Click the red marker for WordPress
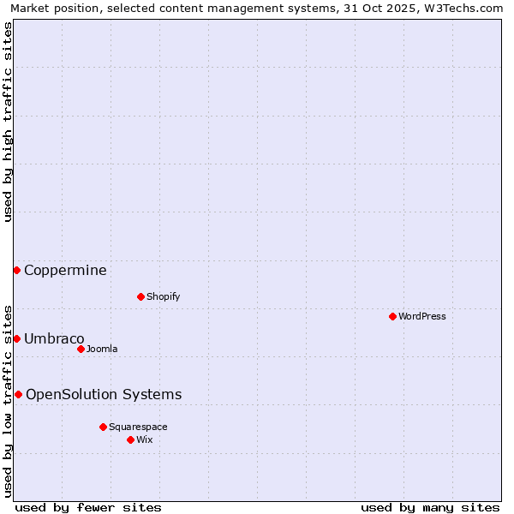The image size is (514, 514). (392, 316)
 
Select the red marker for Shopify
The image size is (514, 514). (140, 296)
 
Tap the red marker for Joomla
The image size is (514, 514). (81, 349)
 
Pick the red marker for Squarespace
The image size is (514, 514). (103, 427)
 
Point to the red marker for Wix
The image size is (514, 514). (130, 439)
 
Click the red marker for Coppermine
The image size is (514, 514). (16, 270)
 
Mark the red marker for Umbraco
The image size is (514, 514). (16, 338)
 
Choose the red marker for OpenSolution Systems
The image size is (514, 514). (18, 394)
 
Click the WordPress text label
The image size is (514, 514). (422, 316)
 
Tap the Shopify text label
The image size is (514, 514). (163, 296)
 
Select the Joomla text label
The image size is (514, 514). (102, 349)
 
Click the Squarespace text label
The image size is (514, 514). (138, 427)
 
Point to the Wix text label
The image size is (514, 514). (144, 439)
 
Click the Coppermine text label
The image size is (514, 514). (65, 271)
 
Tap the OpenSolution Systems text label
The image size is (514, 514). (104, 395)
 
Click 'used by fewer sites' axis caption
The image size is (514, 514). (88, 507)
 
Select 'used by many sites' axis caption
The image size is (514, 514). (430, 507)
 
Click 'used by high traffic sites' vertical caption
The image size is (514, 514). (8, 122)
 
